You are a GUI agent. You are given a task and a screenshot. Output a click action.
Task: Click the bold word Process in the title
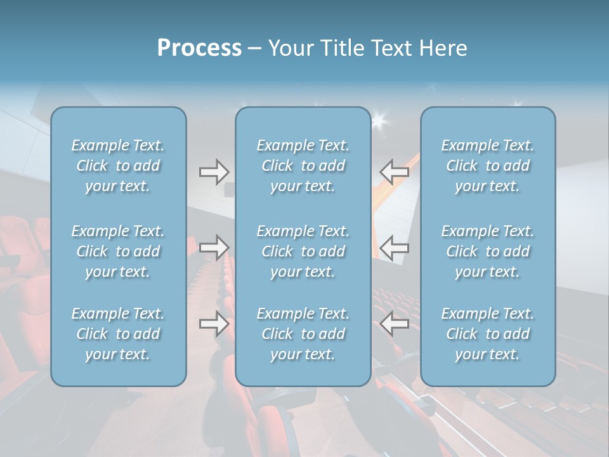(199, 48)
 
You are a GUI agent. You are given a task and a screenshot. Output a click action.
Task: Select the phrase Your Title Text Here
(368, 48)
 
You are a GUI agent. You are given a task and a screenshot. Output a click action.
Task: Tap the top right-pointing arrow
(214, 171)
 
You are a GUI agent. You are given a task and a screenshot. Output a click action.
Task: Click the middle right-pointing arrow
(214, 248)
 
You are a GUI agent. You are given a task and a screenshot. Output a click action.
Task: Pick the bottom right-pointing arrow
(214, 324)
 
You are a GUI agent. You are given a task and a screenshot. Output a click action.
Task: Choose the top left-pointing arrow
(395, 171)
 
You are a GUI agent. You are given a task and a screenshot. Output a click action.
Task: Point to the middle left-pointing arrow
(395, 248)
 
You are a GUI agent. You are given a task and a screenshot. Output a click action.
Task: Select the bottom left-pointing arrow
(395, 324)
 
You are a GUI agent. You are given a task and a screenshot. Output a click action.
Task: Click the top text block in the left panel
(118, 166)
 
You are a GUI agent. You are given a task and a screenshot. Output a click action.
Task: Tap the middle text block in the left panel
(118, 251)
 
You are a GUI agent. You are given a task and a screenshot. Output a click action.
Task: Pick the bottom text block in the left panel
(118, 334)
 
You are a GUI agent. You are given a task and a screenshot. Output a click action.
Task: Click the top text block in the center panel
(303, 166)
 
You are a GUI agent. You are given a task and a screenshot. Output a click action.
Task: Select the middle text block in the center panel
(303, 251)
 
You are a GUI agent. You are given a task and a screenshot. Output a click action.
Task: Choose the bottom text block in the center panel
(303, 334)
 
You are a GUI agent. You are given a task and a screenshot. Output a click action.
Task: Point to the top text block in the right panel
(488, 166)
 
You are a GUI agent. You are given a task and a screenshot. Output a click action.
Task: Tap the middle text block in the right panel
(488, 251)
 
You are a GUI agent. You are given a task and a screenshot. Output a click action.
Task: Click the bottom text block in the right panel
(488, 334)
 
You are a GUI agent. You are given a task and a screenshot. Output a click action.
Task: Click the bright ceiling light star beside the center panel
(381, 119)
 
